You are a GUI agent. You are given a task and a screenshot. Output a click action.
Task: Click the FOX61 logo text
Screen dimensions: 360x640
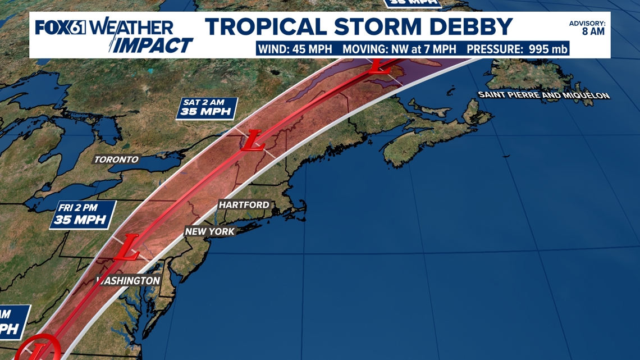tap(60, 27)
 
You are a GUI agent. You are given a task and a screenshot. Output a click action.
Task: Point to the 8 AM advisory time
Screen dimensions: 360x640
tap(593, 31)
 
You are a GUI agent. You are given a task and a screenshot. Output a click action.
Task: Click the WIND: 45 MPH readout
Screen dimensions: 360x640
tap(298, 49)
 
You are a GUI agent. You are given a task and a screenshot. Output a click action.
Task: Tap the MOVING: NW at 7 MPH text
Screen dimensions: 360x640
tap(399, 49)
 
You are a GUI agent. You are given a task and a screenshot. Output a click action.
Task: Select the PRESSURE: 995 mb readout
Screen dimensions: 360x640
tap(517, 49)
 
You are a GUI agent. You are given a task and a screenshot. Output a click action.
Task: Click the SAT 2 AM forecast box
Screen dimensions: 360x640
tap(207, 108)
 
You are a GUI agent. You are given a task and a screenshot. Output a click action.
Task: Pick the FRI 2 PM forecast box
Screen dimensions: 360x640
tap(83, 215)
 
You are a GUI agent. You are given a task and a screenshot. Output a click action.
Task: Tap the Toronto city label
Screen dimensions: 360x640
tap(116, 160)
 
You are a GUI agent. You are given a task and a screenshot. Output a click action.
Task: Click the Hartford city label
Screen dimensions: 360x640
tap(244, 205)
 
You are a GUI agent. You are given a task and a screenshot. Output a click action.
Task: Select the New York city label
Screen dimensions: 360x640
tap(210, 231)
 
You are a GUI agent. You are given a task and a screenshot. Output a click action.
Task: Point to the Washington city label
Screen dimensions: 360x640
tap(129, 280)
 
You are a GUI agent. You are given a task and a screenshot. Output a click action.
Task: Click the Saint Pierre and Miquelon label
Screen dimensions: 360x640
tap(543, 95)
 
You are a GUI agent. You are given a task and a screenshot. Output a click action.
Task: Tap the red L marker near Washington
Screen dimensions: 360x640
tap(128, 248)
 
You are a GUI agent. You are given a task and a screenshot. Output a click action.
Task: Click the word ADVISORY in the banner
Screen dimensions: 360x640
tap(587, 23)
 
